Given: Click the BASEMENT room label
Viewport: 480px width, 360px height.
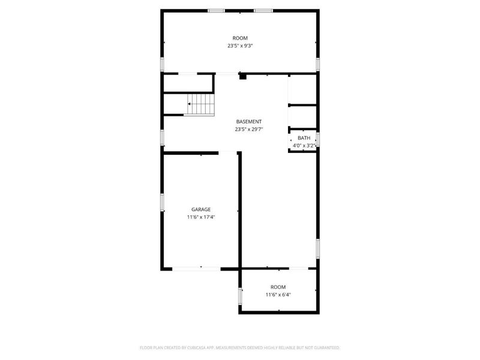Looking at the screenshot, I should tap(248, 121).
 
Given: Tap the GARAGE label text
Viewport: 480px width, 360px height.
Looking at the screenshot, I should tap(201, 209).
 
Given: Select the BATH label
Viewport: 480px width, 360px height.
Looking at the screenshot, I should tap(304, 138).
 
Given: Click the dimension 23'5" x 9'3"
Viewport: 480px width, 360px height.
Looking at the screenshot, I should tap(240, 46).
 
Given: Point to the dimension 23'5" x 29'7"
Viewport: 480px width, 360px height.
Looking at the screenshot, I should tap(248, 129).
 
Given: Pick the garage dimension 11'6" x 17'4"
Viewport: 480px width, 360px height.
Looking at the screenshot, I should tap(201, 217).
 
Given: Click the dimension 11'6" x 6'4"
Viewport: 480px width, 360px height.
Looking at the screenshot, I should tap(278, 295).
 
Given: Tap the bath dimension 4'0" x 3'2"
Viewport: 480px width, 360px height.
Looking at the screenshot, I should tap(304, 145).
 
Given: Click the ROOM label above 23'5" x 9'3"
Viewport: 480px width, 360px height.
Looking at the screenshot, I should tap(240, 38).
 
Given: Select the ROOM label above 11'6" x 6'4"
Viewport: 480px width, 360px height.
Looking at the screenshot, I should tap(278, 287).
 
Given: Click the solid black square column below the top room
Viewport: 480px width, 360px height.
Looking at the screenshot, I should tap(242, 76).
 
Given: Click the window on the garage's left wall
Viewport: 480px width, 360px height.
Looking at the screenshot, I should tap(162, 202).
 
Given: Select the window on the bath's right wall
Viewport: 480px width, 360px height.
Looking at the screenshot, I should tap(318, 139).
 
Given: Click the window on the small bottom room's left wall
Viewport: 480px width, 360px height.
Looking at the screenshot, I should tap(241, 295).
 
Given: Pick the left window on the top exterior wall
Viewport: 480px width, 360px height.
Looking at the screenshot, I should tap(216, 10).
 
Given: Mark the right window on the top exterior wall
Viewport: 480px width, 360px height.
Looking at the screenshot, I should tap(263, 10).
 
